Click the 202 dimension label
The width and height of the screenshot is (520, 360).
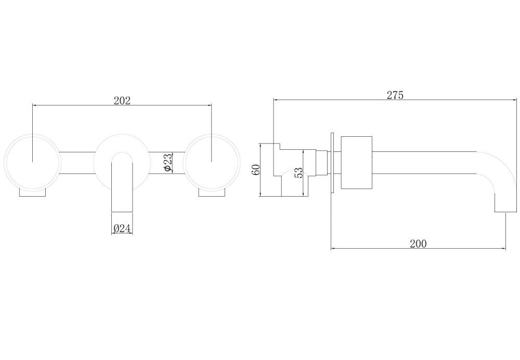tap(122, 100)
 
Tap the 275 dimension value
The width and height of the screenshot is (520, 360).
tap(395, 95)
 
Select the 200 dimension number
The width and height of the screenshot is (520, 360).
tap(418, 243)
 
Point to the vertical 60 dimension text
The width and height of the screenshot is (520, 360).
tap(256, 170)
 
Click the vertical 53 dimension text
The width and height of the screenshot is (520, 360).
tap(298, 173)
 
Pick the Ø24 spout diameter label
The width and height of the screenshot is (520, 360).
tap(122, 228)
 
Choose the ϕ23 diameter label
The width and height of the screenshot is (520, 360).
tap(168, 162)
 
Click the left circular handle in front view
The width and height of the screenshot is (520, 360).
tap(32, 162)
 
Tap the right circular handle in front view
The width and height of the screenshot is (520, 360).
tap(212, 162)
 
